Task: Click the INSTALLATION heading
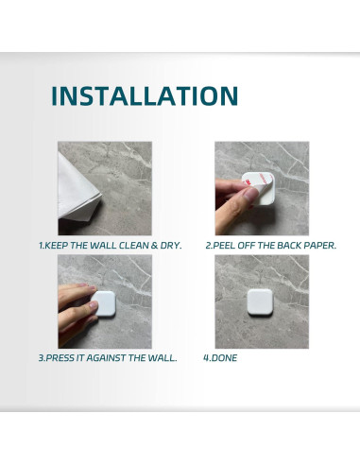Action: (x=144, y=96)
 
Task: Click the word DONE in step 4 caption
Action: (x=224, y=359)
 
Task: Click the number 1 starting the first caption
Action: (x=41, y=246)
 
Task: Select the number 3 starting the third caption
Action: (x=41, y=359)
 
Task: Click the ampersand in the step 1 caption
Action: (x=150, y=246)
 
